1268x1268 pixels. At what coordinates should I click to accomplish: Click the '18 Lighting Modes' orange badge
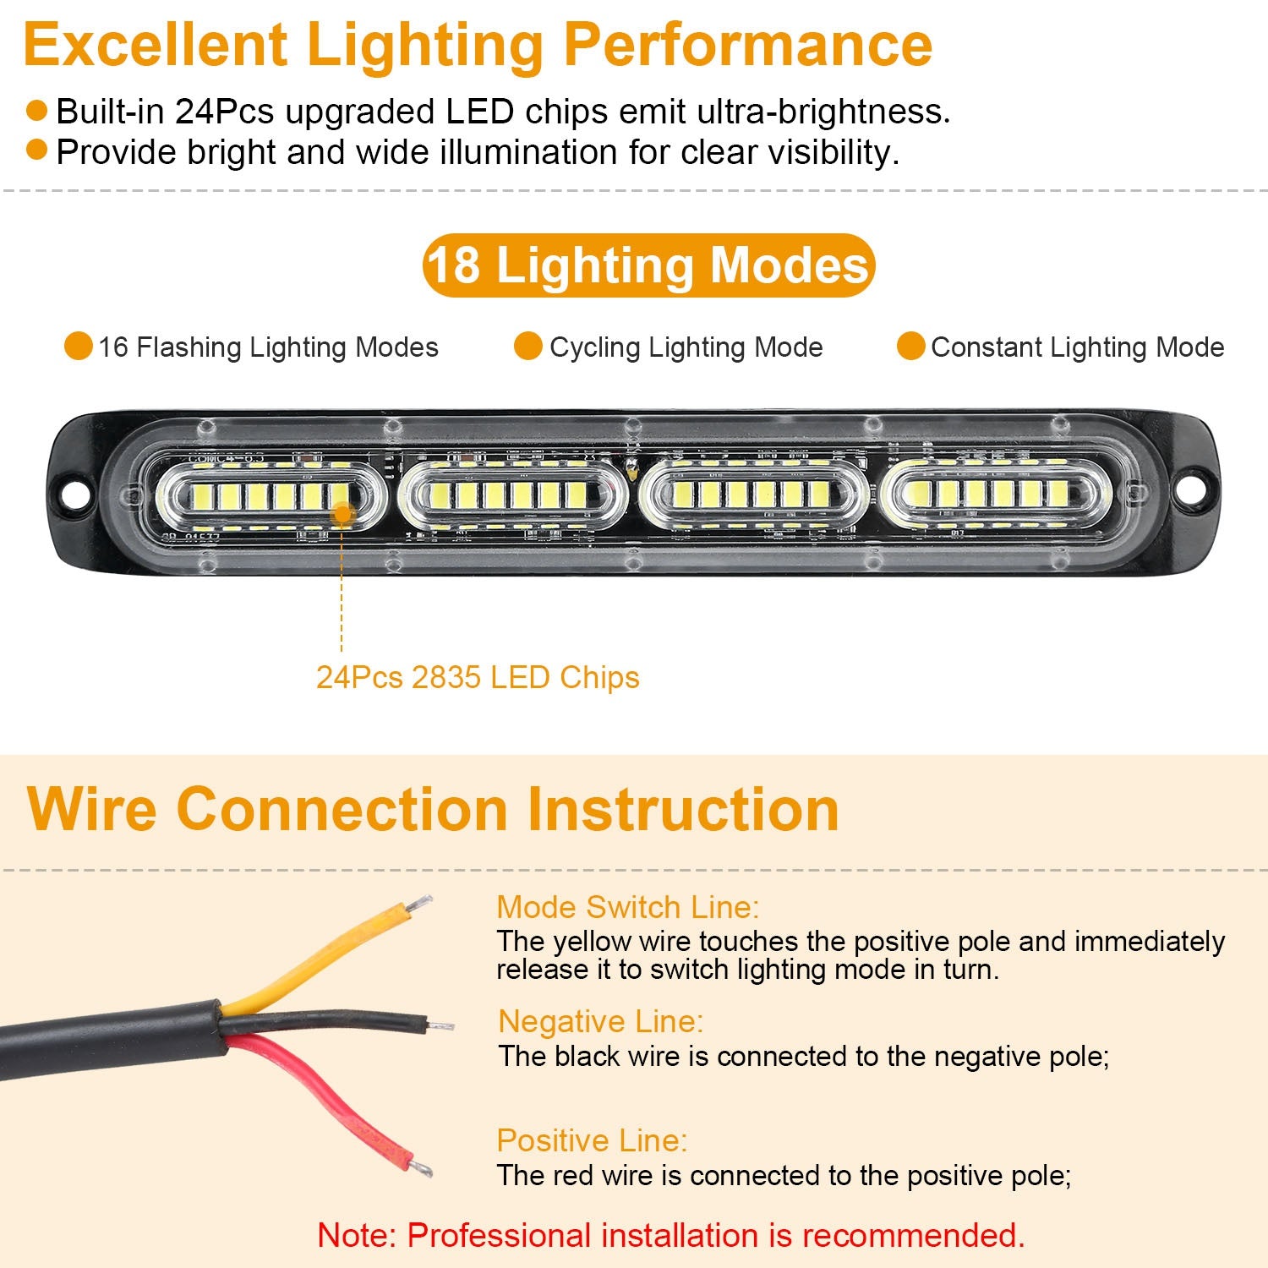[x=648, y=265]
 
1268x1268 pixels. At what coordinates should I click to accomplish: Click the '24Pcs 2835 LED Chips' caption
[x=478, y=677]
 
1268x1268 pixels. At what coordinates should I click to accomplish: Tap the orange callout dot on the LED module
[x=342, y=512]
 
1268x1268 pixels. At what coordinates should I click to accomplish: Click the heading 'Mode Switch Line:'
[x=627, y=907]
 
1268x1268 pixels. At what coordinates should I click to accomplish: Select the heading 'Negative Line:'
[x=600, y=1021]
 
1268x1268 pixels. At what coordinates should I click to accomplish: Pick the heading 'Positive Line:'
[x=592, y=1140]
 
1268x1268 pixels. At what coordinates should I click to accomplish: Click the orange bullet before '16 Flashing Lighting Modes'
[x=79, y=347]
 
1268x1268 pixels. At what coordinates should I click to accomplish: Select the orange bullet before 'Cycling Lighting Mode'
[x=528, y=347]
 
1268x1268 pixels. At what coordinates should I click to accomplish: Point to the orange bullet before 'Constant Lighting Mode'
[x=910, y=347]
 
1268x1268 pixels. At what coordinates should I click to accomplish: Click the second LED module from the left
[x=512, y=495]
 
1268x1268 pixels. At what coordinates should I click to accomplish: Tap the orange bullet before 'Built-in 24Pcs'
[x=36, y=111]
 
